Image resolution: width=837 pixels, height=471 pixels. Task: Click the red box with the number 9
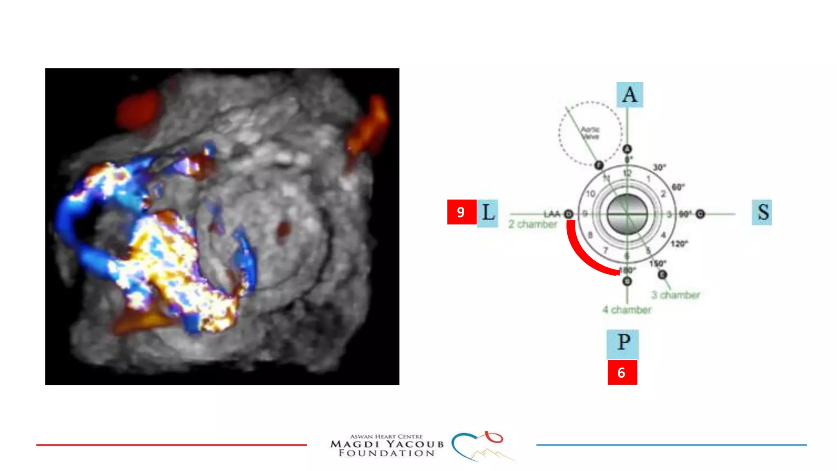click(x=461, y=212)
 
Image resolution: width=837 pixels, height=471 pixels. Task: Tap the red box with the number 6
click(x=622, y=372)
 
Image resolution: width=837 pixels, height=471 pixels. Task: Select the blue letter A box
click(x=629, y=95)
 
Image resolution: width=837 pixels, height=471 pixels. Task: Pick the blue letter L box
click(x=488, y=213)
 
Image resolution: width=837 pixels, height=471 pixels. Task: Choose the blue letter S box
click(x=762, y=212)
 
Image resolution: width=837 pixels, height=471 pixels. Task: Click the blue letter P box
click(x=623, y=344)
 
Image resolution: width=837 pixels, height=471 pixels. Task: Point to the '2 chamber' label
click(x=533, y=224)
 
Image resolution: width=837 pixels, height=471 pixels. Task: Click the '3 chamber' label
click(x=676, y=295)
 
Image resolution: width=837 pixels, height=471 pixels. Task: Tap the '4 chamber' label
click(x=627, y=310)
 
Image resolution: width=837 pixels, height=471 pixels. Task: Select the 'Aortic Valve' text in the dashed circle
click(x=590, y=133)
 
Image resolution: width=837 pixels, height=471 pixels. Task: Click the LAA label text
click(x=551, y=214)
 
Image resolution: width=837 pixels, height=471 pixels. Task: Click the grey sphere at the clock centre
click(x=627, y=214)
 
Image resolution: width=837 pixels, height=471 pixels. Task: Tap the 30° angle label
click(x=659, y=167)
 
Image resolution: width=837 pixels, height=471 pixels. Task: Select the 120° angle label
click(x=679, y=244)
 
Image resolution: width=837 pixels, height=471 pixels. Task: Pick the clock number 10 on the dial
click(x=591, y=194)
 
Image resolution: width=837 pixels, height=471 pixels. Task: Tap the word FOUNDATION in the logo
click(x=387, y=453)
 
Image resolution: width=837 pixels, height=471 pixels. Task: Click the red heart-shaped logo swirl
click(x=494, y=437)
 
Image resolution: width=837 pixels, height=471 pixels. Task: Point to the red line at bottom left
click(x=171, y=445)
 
